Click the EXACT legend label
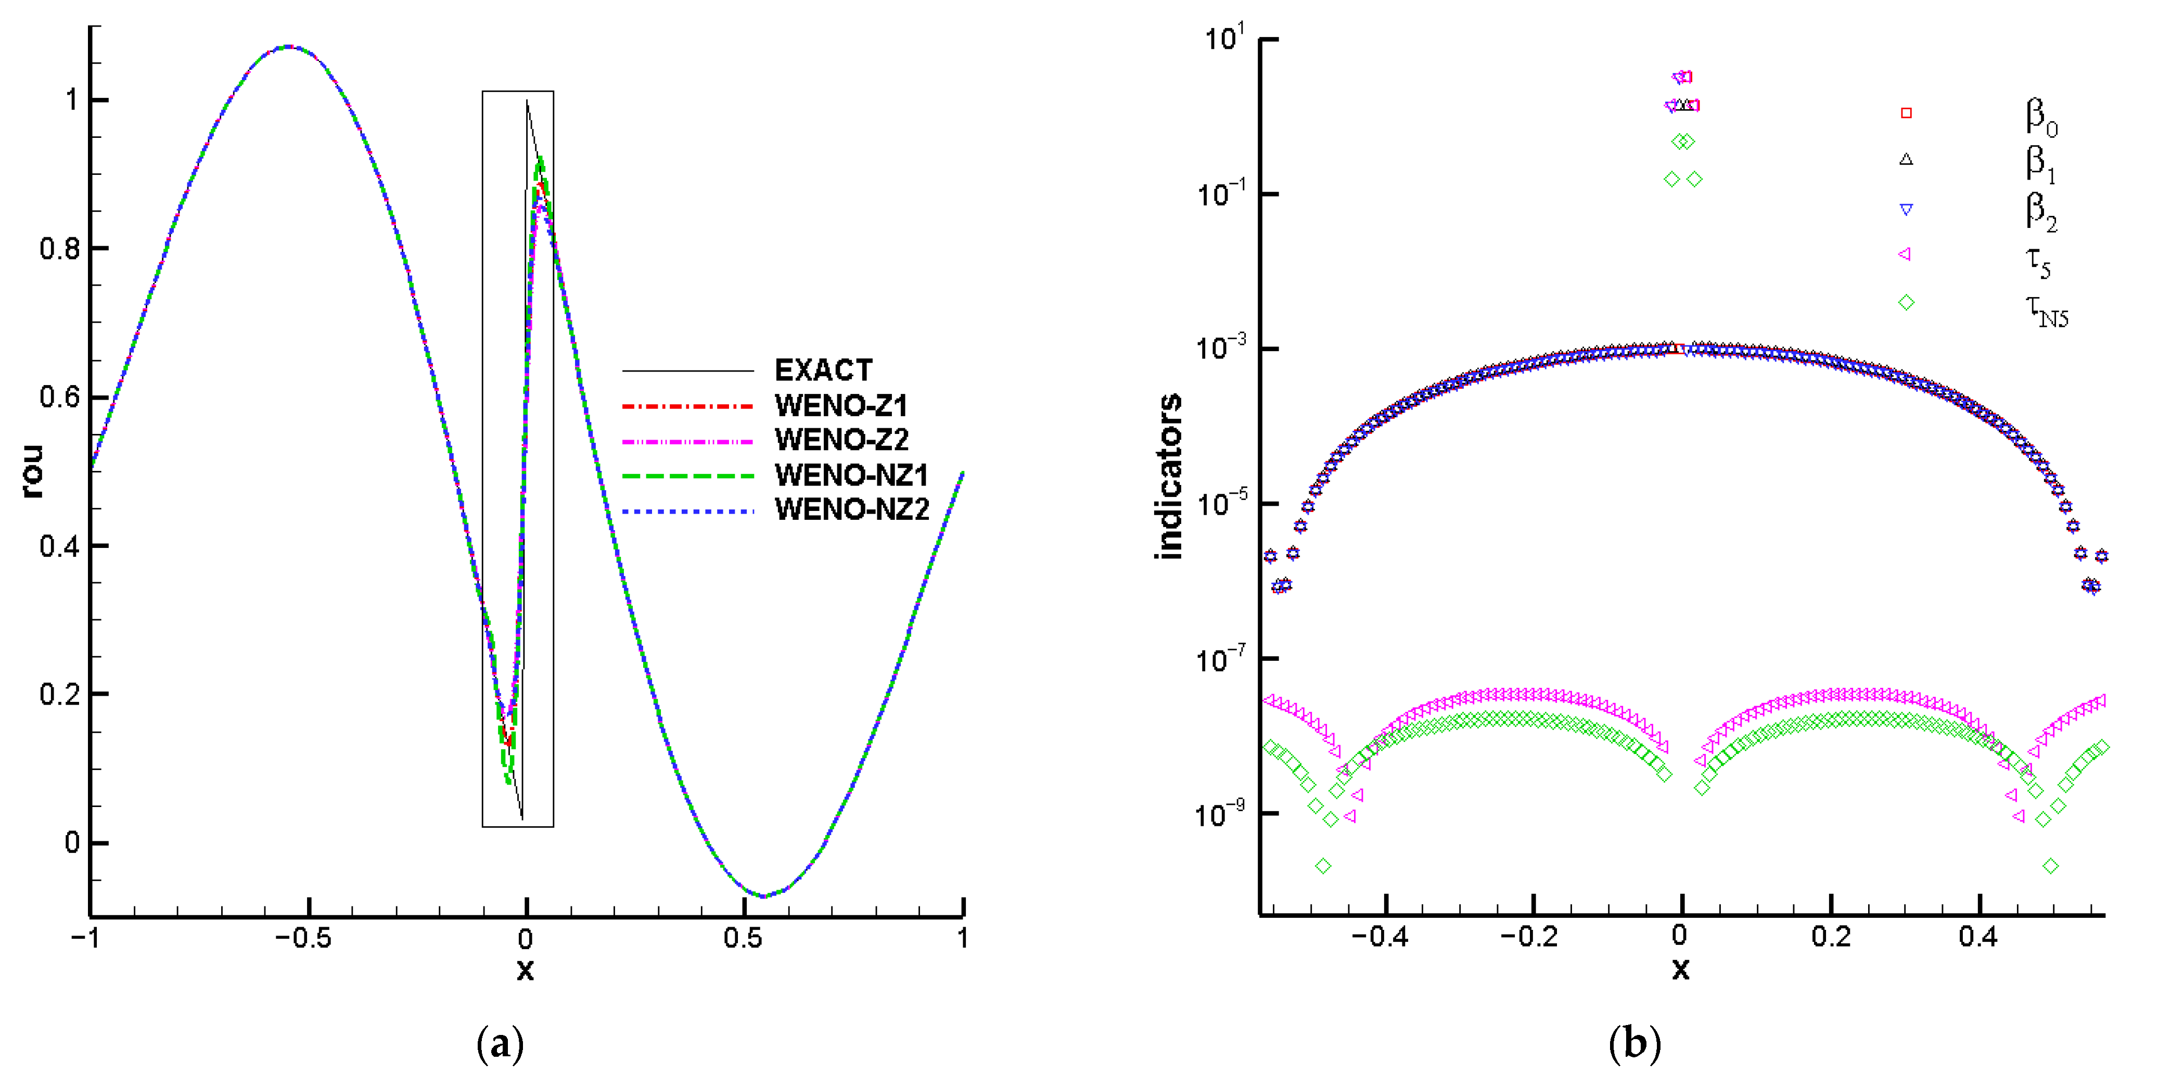click(823, 370)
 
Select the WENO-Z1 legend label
click(840, 406)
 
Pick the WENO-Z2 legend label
click(840, 440)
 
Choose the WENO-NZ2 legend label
click(851, 510)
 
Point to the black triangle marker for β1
click(1906, 159)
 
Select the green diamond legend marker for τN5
click(1906, 302)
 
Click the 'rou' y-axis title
click(32, 472)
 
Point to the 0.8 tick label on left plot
click(61, 249)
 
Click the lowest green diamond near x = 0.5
click(2051, 866)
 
